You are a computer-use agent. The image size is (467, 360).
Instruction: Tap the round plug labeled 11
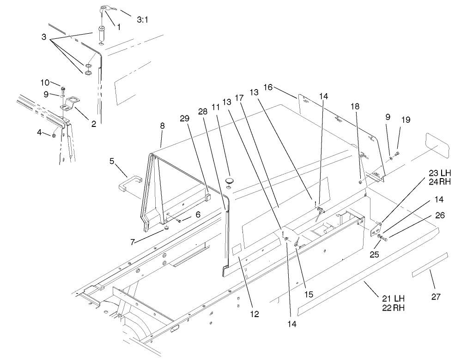pos(230,179)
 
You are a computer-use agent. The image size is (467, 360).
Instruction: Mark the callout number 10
pos(44,82)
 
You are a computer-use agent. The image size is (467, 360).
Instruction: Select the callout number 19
pos(406,120)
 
